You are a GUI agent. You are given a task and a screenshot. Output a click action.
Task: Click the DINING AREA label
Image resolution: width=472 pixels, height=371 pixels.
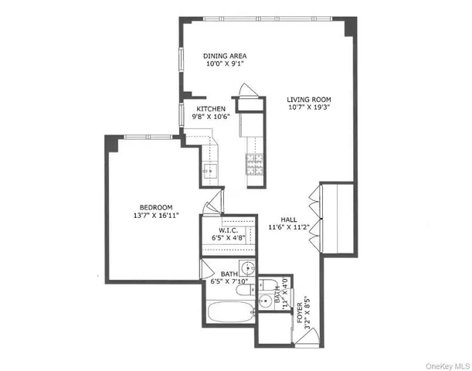point(224,56)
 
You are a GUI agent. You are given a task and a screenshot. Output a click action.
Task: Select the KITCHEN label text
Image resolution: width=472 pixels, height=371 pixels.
point(211,109)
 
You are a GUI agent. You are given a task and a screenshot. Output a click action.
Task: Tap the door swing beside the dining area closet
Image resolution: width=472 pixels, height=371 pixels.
point(244,89)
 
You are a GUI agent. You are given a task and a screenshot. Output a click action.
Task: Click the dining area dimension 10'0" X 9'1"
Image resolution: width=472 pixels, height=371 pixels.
point(224,65)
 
